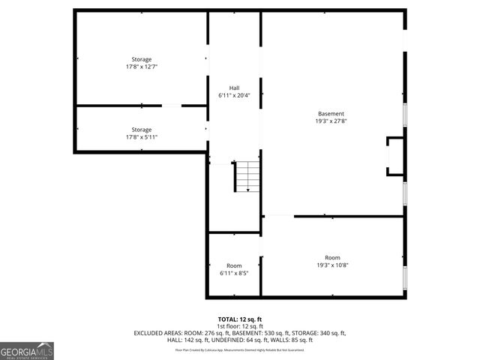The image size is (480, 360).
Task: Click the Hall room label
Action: (x=234, y=88)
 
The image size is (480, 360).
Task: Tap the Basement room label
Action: (x=331, y=113)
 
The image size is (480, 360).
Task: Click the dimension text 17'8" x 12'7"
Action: (x=142, y=67)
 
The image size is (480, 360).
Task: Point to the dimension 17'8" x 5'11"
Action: (x=142, y=137)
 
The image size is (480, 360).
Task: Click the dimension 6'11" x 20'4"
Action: (x=234, y=95)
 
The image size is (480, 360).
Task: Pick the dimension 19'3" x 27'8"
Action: (x=331, y=121)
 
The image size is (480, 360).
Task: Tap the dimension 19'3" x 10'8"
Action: (x=332, y=265)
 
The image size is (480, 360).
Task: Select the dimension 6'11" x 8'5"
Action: (x=234, y=273)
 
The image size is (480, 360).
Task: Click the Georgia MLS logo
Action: (x=27, y=350)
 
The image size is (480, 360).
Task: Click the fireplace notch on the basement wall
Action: (x=394, y=156)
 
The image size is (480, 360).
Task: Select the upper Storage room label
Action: (x=142, y=59)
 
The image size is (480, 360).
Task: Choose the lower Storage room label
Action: (x=142, y=130)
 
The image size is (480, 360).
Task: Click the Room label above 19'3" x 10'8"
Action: (x=332, y=257)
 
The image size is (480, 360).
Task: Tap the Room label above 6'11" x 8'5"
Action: (x=234, y=265)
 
